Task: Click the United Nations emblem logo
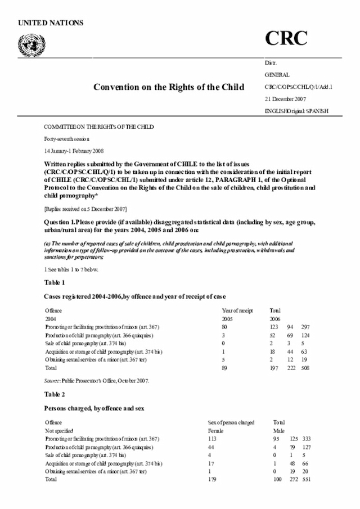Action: point(31,43)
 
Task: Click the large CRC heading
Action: point(286,38)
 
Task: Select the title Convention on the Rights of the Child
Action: point(169,87)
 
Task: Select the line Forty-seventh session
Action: point(66,138)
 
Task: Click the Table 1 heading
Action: point(55,282)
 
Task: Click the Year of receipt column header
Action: point(238,310)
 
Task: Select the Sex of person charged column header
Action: point(231,422)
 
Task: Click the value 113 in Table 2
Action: point(213,439)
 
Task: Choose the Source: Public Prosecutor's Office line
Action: point(97,380)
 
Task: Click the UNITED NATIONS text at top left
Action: point(51,23)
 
